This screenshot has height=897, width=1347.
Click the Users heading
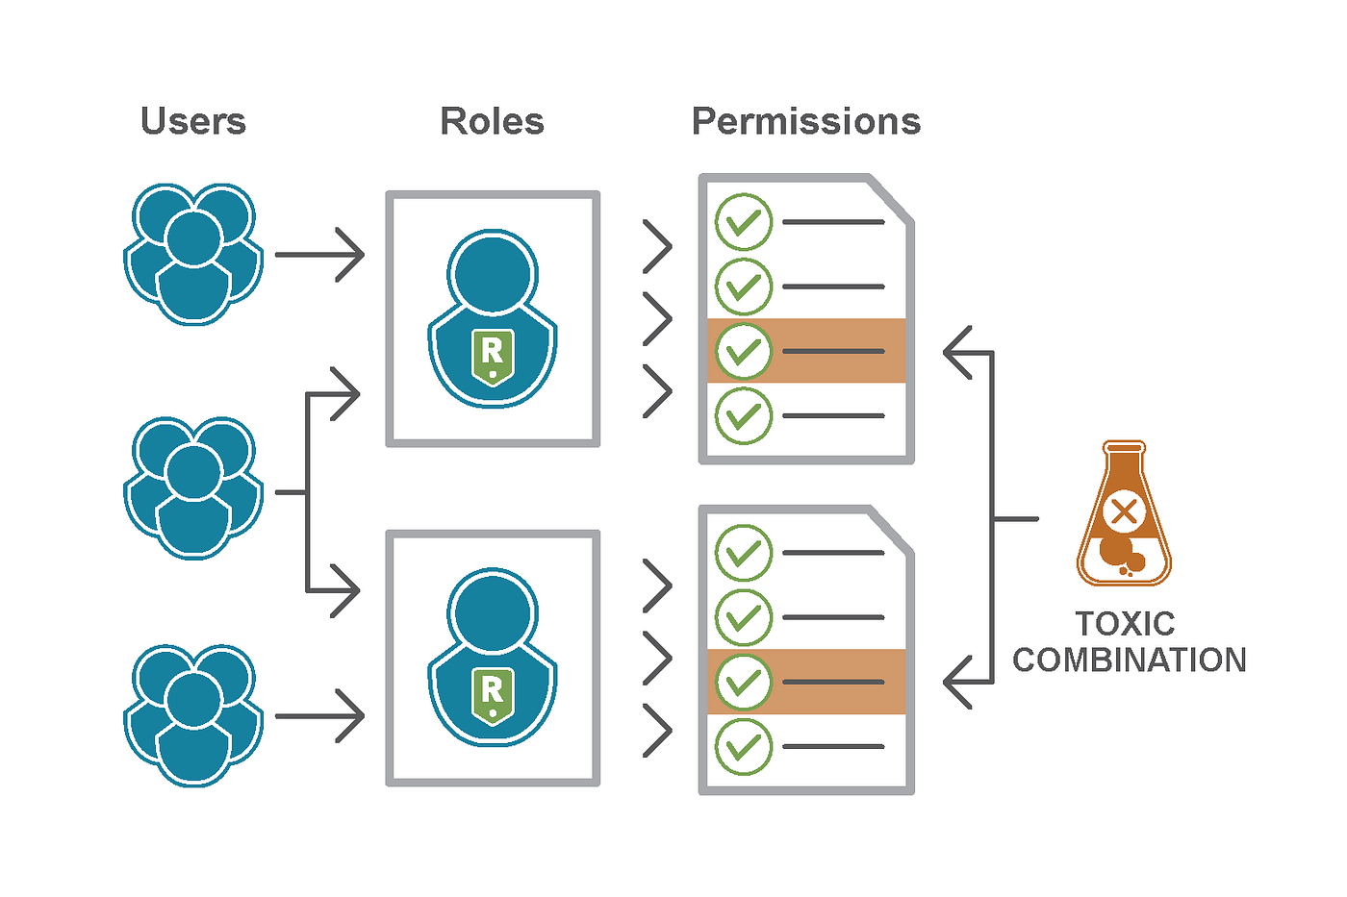(193, 122)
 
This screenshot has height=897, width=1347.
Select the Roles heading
(492, 122)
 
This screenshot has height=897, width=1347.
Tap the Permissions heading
(806, 122)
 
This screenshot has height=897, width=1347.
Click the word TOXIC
(1125, 624)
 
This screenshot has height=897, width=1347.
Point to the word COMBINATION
(1130, 660)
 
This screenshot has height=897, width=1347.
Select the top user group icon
(193, 254)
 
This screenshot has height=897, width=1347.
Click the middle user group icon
(193, 488)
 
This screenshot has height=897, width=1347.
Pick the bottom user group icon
(193, 715)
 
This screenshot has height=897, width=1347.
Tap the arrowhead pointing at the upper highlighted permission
(957, 352)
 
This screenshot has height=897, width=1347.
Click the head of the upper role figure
(493, 272)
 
